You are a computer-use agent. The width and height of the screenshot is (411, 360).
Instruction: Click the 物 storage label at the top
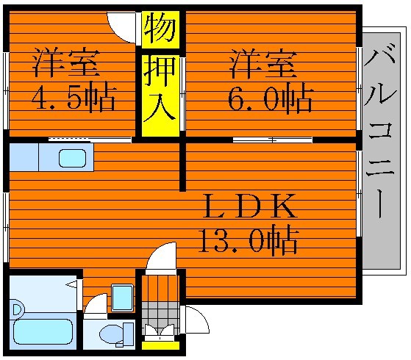tap(160, 29)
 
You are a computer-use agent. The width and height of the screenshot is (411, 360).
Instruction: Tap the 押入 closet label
tap(160, 89)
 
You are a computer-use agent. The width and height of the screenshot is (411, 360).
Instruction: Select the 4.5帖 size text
tap(74, 98)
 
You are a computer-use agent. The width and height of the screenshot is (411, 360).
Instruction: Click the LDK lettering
tap(249, 206)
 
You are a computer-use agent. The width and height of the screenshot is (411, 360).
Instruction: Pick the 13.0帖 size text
tap(249, 240)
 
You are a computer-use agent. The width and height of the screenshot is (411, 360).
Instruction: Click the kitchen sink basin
tap(72, 158)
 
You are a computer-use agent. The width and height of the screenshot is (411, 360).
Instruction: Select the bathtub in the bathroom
tap(43, 331)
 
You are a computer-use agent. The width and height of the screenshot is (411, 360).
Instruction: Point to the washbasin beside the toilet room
tap(122, 298)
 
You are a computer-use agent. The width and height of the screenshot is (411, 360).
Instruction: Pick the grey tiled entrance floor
tap(160, 318)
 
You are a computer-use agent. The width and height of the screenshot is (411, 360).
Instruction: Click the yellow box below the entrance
tap(160, 345)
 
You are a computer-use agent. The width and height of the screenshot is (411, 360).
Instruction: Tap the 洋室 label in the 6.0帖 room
tap(263, 64)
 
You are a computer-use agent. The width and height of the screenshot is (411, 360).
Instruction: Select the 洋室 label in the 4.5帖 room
tap(66, 62)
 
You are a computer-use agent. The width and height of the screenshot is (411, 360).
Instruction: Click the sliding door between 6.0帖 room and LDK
tap(273, 140)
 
